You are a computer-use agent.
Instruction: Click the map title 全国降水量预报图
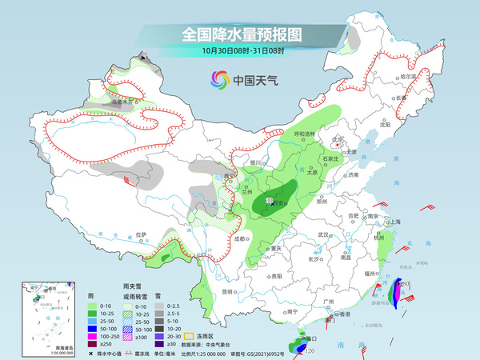[x=240, y=34]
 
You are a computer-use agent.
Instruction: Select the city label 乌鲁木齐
[x=121, y=102]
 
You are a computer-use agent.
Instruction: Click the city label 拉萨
[x=142, y=234]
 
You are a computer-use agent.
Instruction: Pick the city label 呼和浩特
[x=306, y=133]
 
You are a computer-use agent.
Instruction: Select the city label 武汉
[x=323, y=234]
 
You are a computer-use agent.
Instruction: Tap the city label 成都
[x=238, y=238]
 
